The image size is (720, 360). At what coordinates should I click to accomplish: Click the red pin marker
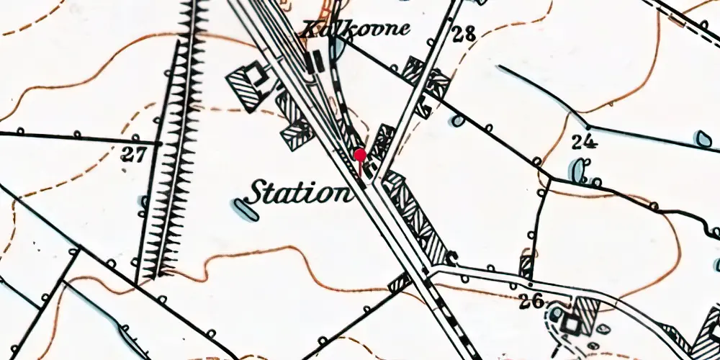[x=360, y=154]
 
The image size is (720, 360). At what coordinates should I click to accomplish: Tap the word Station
[x=297, y=193]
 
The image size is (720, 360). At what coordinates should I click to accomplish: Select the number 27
[x=134, y=154]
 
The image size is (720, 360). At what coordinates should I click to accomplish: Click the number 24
[x=584, y=140]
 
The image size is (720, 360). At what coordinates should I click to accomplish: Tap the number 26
[x=531, y=301]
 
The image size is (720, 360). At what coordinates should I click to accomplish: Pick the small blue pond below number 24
[x=577, y=170]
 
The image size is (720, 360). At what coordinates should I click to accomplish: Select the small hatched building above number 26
[x=527, y=266]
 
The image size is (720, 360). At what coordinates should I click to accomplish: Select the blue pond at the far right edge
[x=703, y=138]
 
